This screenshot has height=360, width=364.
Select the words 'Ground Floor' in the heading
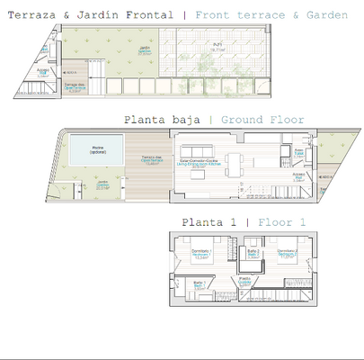point(262,120)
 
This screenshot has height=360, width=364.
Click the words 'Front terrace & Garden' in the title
point(271,15)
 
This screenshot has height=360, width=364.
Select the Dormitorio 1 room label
point(202,253)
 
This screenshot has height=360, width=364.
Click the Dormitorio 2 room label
point(288,253)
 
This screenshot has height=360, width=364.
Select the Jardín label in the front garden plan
point(145,52)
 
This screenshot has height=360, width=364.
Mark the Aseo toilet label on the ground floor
point(298,153)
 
